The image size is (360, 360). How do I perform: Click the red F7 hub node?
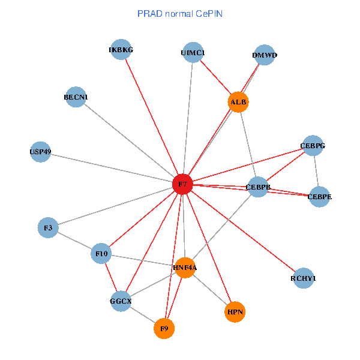coord(182,184)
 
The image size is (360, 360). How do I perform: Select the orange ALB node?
coord(238,102)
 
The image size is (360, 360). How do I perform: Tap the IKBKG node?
coord(121,50)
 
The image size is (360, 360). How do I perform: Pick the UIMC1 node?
coord(193,53)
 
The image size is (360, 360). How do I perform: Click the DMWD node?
coord(265,56)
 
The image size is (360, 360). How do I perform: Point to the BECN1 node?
coord(76,97)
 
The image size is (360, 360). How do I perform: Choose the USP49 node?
coord(40,152)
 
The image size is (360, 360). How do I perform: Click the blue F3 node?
coord(48,228)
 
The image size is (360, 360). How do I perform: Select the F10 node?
coord(101,254)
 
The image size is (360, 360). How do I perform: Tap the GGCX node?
coord(121,301)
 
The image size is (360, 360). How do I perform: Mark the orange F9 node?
coord(164,328)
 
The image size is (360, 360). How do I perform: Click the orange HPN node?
coord(235,311)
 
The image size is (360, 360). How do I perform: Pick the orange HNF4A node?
coord(185,268)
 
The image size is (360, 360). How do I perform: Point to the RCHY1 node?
coord(303,278)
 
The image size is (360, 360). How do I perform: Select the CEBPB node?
coord(259,187)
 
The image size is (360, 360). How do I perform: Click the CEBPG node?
coord(313,146)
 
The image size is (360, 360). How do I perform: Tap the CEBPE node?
coord(319,197)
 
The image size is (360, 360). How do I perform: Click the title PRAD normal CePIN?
coord(180,13)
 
